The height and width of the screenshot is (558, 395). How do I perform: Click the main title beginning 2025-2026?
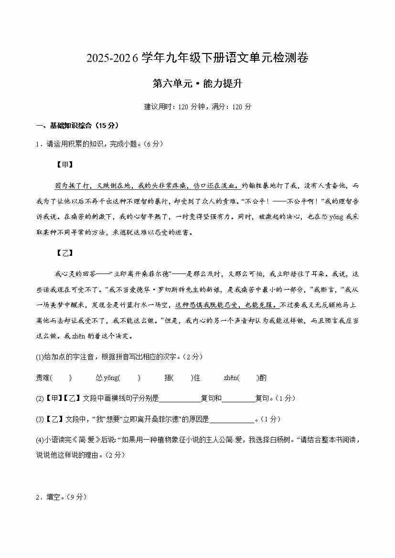click(x=197, y=58)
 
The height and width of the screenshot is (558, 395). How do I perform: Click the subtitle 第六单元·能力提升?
click(x=197, y=84)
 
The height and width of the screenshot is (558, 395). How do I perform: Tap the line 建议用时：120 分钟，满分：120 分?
click(x=197, y=106)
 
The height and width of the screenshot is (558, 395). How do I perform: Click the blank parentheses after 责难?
click(x=61, y=378)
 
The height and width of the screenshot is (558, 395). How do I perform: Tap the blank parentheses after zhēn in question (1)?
click(x=248, y=378)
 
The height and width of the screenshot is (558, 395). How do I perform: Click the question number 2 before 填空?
click(x=38, y=497)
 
